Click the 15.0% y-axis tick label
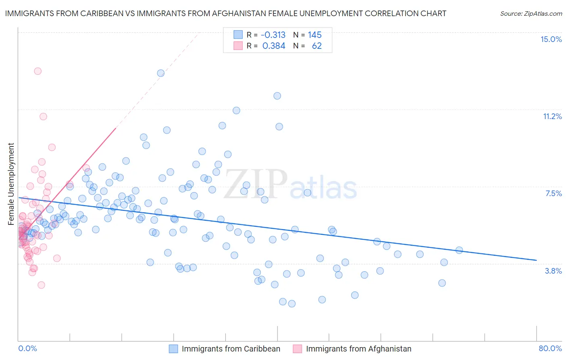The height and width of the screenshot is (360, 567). (551, 39)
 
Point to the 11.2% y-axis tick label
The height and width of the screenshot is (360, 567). (552, 116)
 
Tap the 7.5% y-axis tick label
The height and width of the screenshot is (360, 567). (553, 193)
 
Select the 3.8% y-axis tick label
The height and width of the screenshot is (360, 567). (553, 271)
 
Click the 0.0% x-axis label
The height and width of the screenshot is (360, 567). (27, 348)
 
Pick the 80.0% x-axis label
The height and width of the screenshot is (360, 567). (550, 348)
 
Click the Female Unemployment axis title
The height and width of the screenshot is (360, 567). (11, 184)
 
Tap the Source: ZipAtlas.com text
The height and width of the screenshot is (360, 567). (531, 13)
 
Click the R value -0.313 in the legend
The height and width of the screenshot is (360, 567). (273, 35)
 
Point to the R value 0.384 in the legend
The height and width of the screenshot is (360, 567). (274, 46)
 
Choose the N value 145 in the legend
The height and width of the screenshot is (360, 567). (315, 35)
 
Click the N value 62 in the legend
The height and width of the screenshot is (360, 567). (317, 46)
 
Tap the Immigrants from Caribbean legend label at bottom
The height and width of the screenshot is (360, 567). (231, 349)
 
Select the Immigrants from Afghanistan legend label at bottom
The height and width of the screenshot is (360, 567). (359, 349)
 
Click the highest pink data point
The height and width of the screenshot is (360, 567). (38, 71)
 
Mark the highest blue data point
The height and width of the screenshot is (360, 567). (161, 73)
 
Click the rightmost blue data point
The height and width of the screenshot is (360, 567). (459, 250)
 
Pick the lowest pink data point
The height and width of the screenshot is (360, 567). (41, 285)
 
